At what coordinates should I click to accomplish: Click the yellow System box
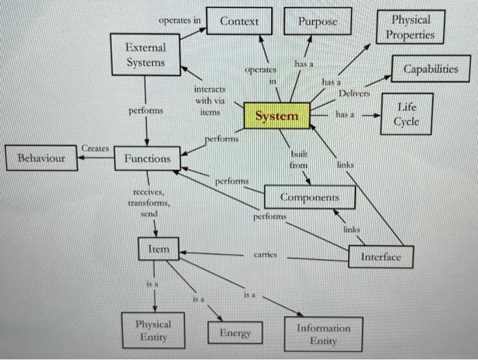(x=277, y=116)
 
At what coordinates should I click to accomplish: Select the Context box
(x=239, y=21)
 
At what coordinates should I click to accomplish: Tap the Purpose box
(x=318, y=21)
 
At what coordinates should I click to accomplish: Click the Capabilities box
(x=430, y=70)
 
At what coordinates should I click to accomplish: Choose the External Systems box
(x=145, y=55)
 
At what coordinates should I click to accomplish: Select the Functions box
(x=147, y=158)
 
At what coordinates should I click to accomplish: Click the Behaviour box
(x=41, y=158)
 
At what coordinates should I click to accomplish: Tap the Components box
(x=309, y=197)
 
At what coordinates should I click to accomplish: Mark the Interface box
(x=380, y=257)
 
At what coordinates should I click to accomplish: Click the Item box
(x=158, y=250)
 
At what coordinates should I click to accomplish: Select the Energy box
(x=235, y=333)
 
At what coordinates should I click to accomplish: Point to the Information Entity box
(x=323, y=334)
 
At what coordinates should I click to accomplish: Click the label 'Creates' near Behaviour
(x=96, y=148)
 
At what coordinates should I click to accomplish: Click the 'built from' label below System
(x=298, y=161)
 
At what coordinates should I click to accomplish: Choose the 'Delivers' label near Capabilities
(x=354, y=92)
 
